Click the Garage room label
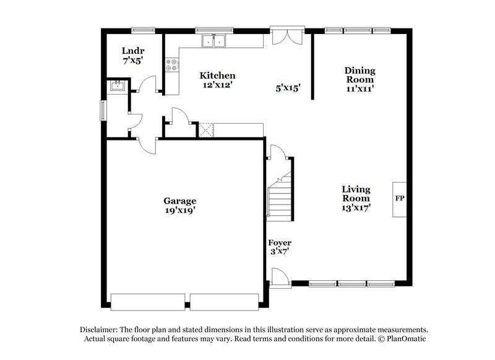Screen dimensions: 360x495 coord(179,200)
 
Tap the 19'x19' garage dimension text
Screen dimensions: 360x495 coord(179,210)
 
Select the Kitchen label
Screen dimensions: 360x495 coord(217,75)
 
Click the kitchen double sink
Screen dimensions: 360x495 coord(214,42)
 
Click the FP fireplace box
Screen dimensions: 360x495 coord(399,199)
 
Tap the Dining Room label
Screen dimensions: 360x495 coord(359,75)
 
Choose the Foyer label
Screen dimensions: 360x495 coord(279,242)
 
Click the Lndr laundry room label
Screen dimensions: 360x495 coord(132,51)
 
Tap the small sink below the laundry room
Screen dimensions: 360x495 coord(117,86)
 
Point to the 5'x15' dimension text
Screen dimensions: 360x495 coord(288,88)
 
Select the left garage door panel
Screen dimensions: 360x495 coord(147,301)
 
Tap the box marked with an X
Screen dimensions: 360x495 coord(205,129)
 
